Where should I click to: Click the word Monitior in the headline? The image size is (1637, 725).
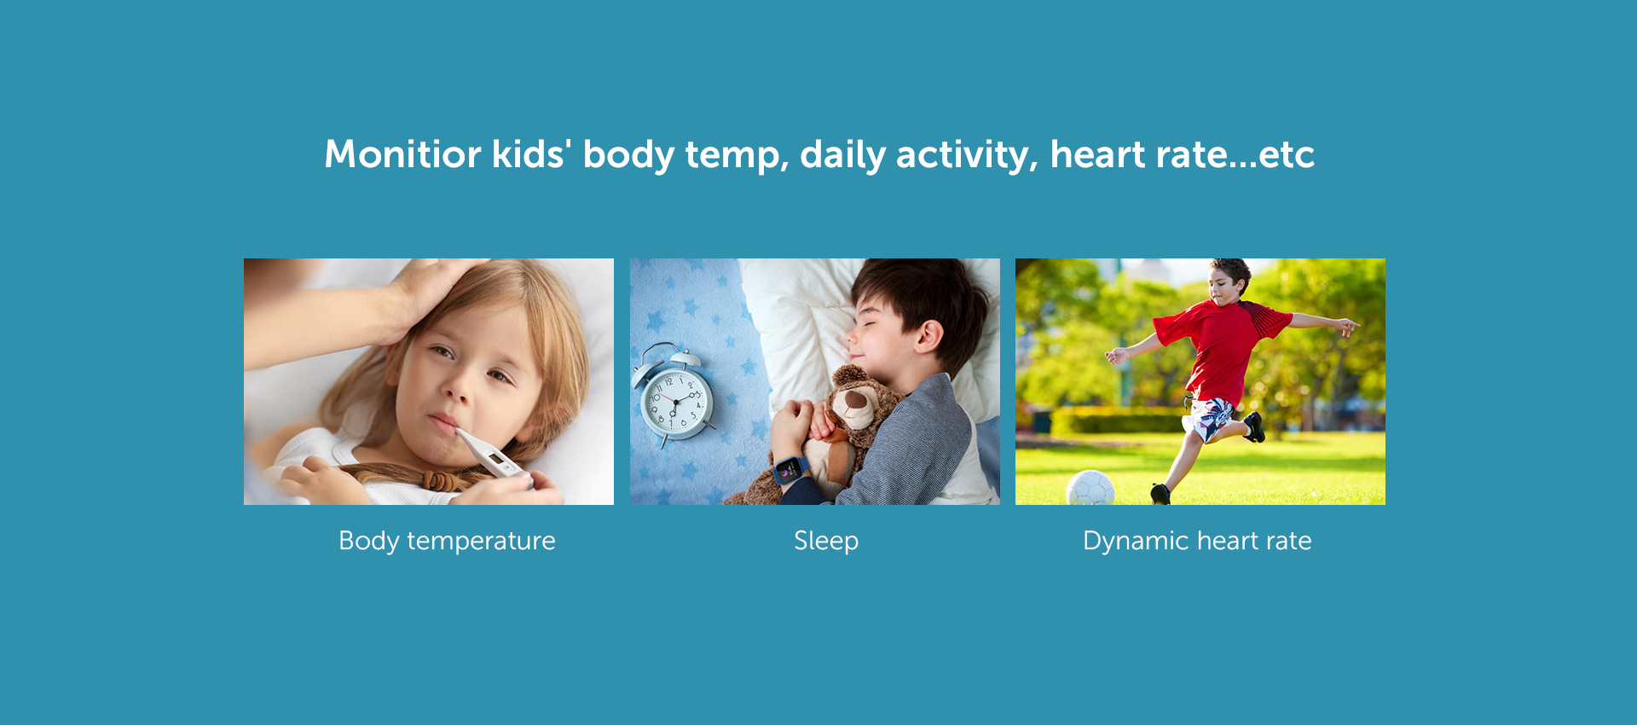(402, 154)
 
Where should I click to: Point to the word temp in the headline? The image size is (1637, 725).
(736, 156)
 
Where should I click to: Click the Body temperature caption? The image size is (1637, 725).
(447, 541)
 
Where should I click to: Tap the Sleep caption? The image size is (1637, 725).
(826, 541)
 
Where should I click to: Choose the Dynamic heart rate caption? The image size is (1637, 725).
(1197, 541)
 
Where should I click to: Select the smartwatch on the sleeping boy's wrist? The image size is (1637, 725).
(791, 471)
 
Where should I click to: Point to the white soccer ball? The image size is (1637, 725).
(1090, 488)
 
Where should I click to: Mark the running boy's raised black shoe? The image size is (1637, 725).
(1254, 426)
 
